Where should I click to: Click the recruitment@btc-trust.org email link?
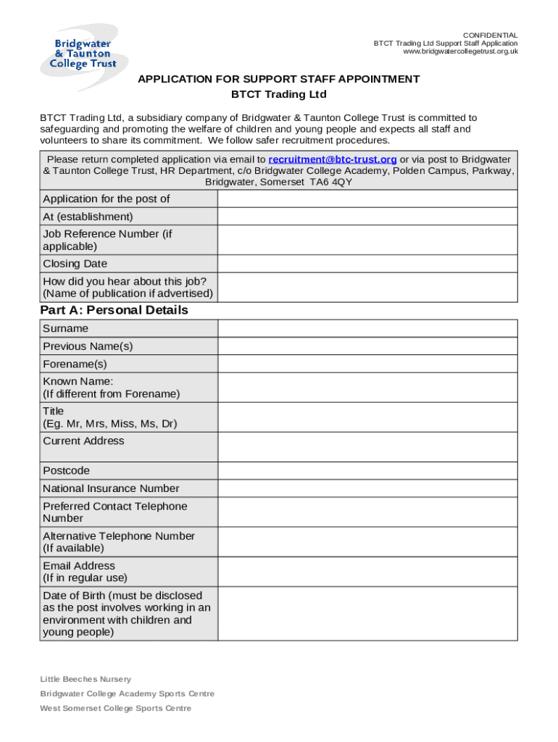333,159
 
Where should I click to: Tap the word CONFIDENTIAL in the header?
491,36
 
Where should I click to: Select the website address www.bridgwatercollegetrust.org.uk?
461,51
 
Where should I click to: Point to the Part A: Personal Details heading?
114,310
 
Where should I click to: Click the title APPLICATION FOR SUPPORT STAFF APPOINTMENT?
279,79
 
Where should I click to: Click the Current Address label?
83,441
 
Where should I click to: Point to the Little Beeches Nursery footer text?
86,679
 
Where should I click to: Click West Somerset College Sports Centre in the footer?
115,708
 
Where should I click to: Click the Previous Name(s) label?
88,346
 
